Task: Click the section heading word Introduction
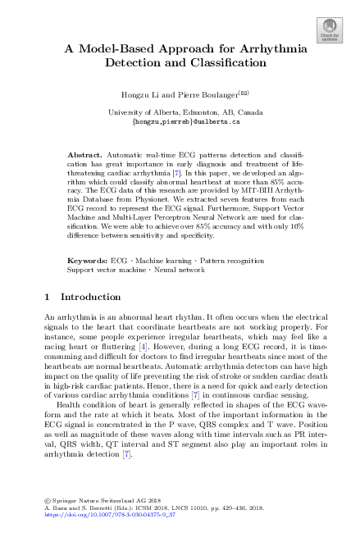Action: point(91,274)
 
